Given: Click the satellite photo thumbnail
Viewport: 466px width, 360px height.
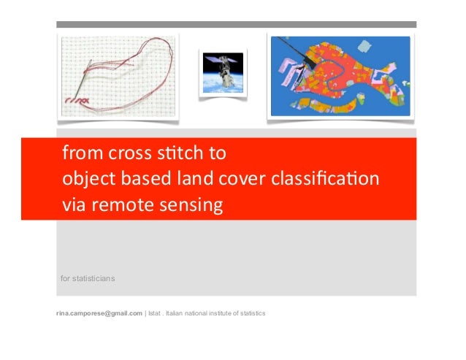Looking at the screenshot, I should [223, 73].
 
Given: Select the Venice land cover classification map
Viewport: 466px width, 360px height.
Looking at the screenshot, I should [340, 76].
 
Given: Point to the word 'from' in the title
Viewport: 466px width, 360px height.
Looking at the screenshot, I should [79, 154].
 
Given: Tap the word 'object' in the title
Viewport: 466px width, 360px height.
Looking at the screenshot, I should [86, 180].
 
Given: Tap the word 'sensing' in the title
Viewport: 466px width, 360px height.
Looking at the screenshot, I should [190, 205].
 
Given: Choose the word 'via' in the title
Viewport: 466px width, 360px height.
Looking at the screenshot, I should [74, 205].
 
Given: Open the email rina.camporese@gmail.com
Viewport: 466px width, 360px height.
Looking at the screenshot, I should [99, 313].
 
